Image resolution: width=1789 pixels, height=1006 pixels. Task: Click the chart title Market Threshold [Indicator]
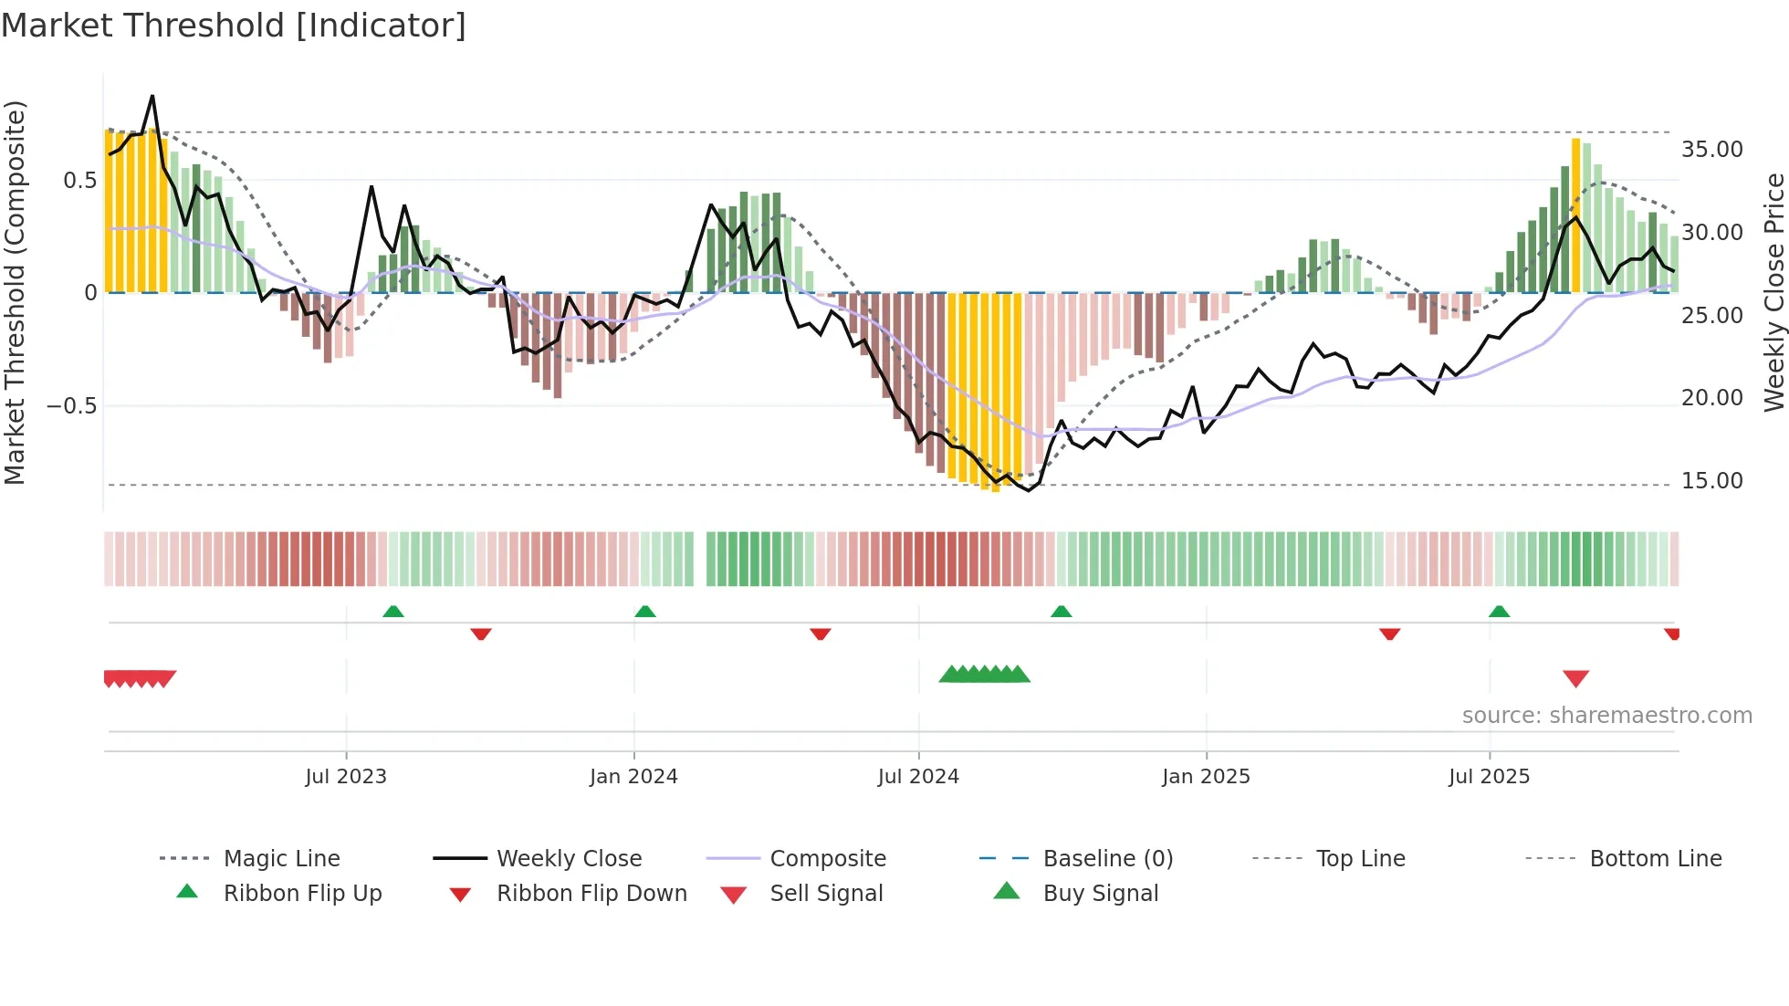coord(233,26)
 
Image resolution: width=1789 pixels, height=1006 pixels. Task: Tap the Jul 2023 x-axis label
coord(346,777)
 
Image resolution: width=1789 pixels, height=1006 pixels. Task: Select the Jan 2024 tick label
coord(633,777)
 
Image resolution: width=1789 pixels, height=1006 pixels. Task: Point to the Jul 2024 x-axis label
coord(918,777)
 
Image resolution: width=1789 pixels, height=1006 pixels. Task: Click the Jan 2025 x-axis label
coord(1206,777)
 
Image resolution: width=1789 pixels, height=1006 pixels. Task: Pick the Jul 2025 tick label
coord(1489,777)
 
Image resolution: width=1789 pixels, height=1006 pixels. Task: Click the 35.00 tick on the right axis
coord(1711,150)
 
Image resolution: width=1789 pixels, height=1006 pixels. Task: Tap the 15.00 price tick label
coord(1711,481)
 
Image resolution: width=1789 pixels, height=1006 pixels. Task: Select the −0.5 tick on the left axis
coord(71,405)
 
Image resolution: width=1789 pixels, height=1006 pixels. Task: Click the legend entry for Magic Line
coord(281,859)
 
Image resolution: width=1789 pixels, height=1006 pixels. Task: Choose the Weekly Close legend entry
coord(569,859)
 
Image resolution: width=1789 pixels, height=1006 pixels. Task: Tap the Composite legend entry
coord(827,859)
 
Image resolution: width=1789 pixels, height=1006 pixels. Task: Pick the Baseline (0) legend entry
coord(1107,859)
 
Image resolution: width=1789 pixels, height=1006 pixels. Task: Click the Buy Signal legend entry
coord(1100,894)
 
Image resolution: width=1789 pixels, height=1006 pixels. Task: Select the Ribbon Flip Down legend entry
coord(591,894)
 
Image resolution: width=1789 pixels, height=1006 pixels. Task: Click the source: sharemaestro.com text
coord(1606,716)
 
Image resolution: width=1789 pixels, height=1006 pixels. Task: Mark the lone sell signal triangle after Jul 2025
coord(1575,678)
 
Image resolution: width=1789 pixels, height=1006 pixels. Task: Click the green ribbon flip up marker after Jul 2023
coord(393,612)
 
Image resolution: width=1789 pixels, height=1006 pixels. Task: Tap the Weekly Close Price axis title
coord(1773,292)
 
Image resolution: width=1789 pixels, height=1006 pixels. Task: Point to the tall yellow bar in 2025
coord(1575,215)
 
